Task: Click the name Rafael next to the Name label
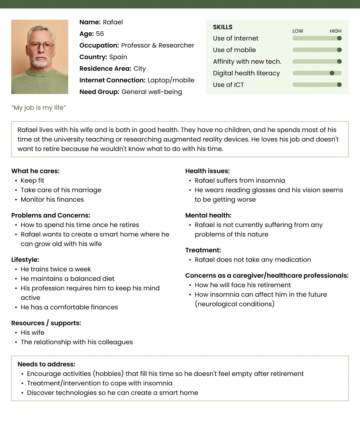pos(113,22)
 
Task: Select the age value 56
pos(100,34)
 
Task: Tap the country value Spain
pos(118,57)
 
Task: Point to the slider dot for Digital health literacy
pos(332,73)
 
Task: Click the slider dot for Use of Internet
pos(339,38)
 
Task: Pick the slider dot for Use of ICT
pos(339,85)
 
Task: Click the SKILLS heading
pos(223,27)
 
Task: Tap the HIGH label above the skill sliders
pos(335,31)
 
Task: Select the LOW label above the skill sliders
pos(298,31)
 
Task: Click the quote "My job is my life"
pos(39,108)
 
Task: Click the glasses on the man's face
pos(40,45)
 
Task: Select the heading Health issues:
pos(207,171)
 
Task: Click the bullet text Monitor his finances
pos(52,200)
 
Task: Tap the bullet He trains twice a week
pos(56,269)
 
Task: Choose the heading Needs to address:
pos(46,364)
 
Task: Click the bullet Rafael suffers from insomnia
pos(240,181)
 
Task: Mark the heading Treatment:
pos(203,250)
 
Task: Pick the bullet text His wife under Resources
pos(33,333)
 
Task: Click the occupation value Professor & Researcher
pos(157,45)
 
